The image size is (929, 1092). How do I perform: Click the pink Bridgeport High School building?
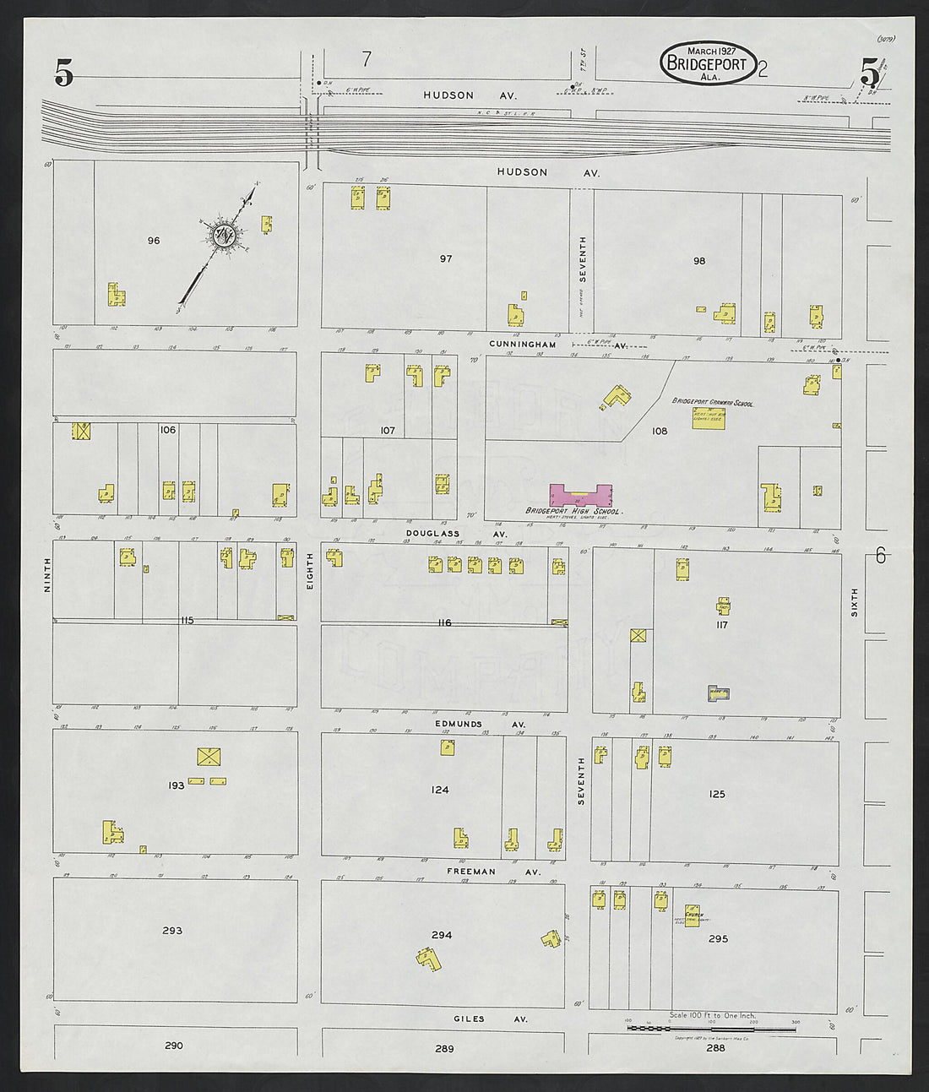click(x=581, y=496)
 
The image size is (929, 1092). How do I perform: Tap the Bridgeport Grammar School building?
click(x=709, y=417)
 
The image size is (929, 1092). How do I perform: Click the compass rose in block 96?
click(x=224, y=236)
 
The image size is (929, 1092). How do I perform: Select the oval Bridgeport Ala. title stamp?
click(x=708, y=63)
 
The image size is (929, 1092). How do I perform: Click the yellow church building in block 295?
click(x=693, y=916)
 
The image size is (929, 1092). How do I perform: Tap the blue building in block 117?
click(x=718, y=693)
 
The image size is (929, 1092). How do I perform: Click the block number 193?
click(x=176, y=785)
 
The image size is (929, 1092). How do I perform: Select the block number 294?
click(x=441, y=935)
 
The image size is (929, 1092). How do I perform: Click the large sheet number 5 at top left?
click(x=63, y=75)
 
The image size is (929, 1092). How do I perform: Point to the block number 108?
click(x=659, y=431)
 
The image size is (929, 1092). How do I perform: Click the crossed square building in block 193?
click(x=207, y=757)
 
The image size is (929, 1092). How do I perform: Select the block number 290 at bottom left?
click(x=173, y=1046)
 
